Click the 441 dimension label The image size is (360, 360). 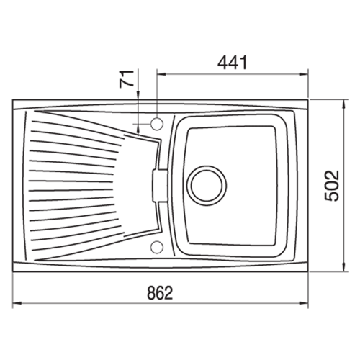click(232, 63)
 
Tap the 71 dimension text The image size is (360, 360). click(127, 79)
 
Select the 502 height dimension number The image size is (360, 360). click(332, 186)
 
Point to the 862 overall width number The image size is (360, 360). click(160, 293)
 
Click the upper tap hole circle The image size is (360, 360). click(157, 124)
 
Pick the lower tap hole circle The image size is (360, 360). click(157, 247)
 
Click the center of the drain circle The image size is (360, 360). click(208, 186)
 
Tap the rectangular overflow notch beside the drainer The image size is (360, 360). click(159, 186)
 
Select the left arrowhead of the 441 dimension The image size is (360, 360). click(161, 74)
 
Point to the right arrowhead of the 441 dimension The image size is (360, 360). click(304, 74)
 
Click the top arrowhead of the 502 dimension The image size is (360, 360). click(344, 104)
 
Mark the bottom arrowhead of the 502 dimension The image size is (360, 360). click(344, 267)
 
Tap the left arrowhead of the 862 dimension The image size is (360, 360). click(17, 304)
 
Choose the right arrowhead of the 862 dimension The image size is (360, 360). click(304, 304)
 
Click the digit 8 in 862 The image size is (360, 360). click(151, 293)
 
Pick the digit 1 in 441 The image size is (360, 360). click(243, 63)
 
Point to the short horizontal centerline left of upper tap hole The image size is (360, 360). click(142, 124)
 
